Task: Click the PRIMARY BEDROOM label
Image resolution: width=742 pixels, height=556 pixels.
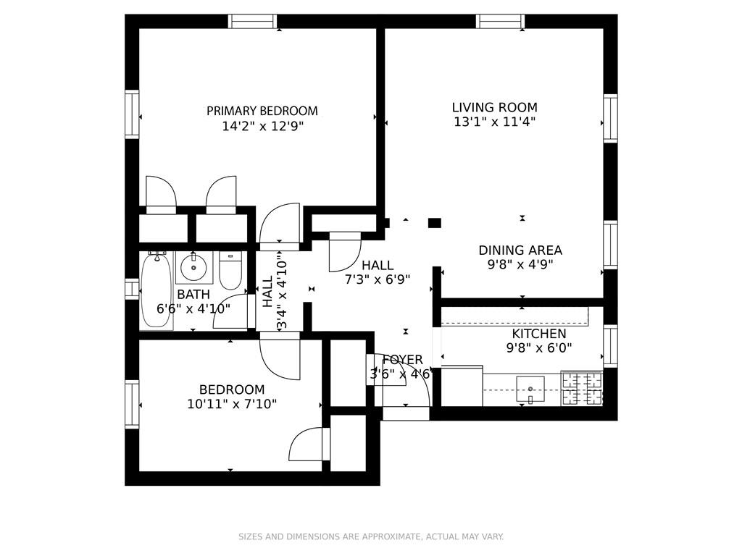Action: point(262,111)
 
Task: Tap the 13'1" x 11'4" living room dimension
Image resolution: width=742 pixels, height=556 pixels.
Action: point(495,122)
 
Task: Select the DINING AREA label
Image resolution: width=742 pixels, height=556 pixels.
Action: point(520,250)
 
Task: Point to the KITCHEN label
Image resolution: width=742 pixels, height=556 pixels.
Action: point(539,334)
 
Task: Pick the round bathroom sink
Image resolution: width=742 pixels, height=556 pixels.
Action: point(193,268)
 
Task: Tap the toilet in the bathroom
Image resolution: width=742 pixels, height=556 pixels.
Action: point(230,271)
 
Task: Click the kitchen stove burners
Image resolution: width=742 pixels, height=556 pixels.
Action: point(582,388)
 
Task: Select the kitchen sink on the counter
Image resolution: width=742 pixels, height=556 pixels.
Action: point(530,389)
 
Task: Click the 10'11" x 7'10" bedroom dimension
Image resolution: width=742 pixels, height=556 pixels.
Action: point(232,404)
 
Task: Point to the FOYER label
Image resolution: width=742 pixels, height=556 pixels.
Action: point(402,360)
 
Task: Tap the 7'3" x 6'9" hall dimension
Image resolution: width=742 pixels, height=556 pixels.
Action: point(378,279)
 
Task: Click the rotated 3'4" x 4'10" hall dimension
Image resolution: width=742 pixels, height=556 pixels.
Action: point(282,294)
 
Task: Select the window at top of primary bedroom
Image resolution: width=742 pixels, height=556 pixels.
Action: point(253,21)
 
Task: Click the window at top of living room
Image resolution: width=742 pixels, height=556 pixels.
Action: point(500,21)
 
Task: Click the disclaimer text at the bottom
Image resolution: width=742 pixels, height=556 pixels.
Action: point(371,536)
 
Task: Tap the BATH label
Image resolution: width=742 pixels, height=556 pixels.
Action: point(193,294)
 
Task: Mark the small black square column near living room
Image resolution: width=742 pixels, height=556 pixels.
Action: point(434,223)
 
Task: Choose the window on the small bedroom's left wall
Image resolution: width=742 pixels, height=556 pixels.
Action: point(132,404)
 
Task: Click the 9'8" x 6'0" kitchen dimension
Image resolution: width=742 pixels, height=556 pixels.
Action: point(539,347)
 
